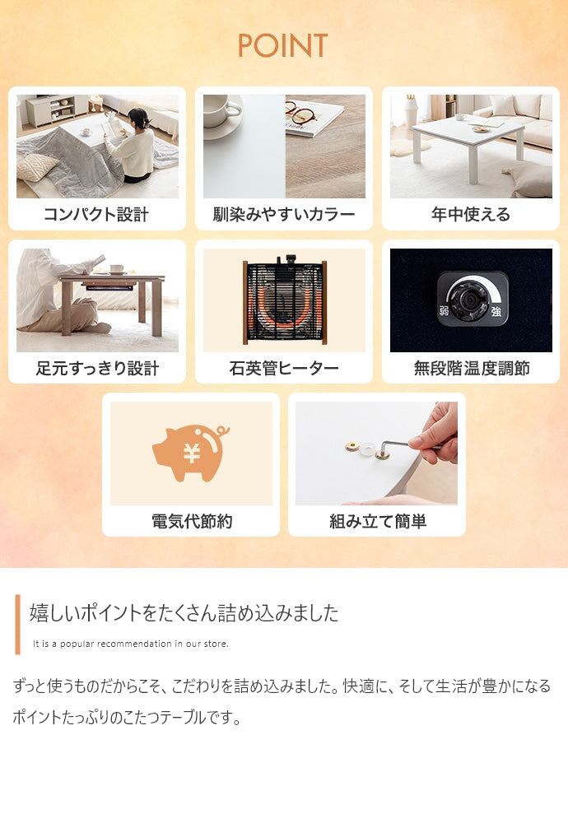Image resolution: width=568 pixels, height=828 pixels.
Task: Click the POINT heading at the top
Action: pos(282,45)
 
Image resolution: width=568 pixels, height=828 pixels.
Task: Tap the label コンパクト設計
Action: pos(96,214)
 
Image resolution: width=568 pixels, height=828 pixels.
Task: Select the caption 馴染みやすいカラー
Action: pos(284,214)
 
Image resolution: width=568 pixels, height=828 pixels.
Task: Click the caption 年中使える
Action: pos(471,214)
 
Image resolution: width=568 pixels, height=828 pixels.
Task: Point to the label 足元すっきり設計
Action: pos(97,368)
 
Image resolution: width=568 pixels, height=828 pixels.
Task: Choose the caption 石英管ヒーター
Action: pos(284,368)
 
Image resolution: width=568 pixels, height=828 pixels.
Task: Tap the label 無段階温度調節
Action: pos(472,368)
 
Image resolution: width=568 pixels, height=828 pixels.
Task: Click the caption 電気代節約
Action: pos(192,521)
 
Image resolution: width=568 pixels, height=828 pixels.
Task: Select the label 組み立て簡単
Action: pos(378,521)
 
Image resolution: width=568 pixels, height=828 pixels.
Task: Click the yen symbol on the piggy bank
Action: pos(191,453)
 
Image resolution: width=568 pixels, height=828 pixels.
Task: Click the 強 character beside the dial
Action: pos(496,311)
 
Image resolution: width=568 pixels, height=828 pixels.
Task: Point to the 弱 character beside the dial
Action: pos(444,311)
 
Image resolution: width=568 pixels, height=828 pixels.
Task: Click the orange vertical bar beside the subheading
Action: pos(17,625)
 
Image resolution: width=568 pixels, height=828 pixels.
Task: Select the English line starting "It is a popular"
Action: pos(131,644)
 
